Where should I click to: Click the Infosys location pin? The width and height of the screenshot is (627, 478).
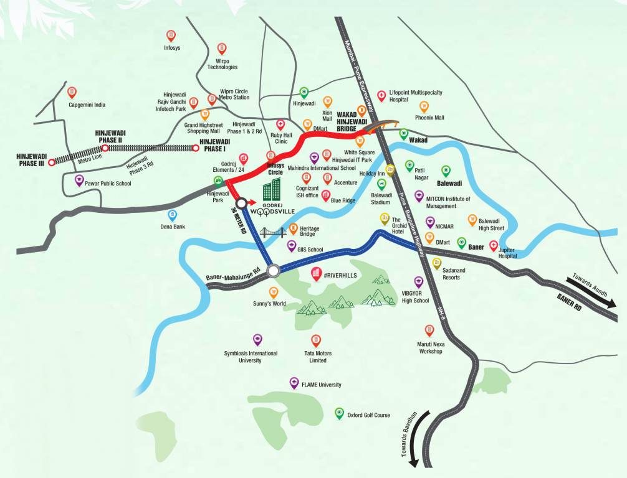tap(171, 35)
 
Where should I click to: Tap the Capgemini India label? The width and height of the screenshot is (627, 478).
tap(87, 105)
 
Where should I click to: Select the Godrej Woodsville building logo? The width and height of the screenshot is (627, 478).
tap(271, 190)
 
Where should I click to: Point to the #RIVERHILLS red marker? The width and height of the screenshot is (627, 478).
tap(316, 273)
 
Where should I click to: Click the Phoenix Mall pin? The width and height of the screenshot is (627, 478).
tap(424, 106)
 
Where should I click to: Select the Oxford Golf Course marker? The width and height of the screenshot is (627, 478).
tap(339, 413)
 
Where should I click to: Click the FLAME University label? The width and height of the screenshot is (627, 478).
tap(321, 385)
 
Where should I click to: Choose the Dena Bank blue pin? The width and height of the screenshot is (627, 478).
tap(173, 215)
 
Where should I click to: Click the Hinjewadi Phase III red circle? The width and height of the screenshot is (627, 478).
tap(52, 161)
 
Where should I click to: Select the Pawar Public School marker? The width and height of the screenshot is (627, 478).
tap(79, 180)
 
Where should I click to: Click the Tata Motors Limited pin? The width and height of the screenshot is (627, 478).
tap(316, 340)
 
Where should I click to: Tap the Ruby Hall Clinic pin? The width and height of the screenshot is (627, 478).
tap(280, 124)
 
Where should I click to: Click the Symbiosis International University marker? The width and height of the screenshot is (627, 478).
tap(257, 339)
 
